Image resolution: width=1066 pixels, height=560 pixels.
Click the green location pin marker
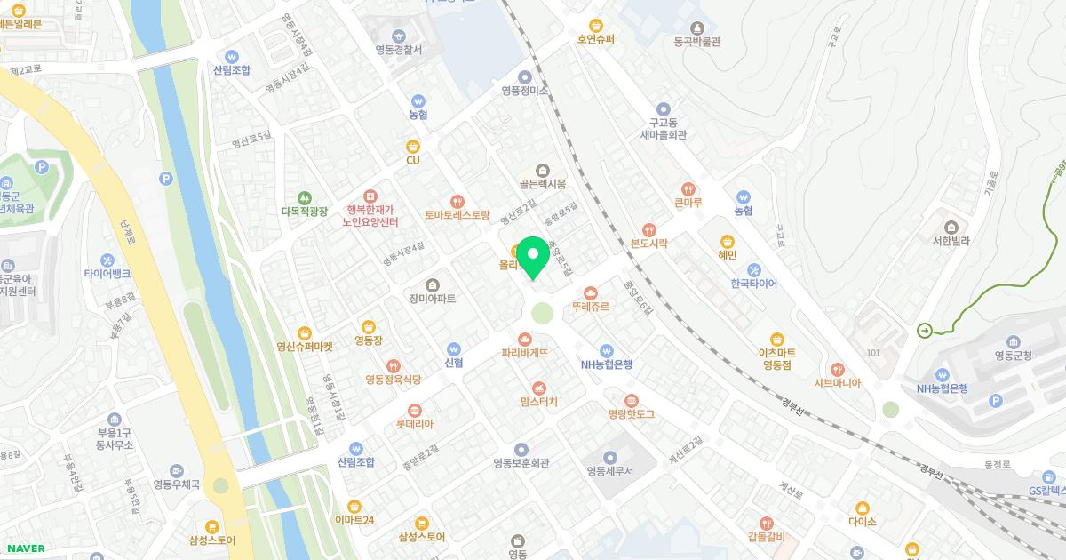(x=533, y=258)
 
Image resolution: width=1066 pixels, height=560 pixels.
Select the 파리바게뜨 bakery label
(x=524, y=353)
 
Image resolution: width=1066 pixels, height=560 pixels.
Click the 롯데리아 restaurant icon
(x=414, y=410)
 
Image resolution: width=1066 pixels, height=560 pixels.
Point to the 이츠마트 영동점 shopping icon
(x=776, y=338)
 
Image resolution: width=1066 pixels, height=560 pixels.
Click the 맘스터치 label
(x=538, y=402)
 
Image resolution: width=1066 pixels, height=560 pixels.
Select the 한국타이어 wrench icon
(x=753, y=269)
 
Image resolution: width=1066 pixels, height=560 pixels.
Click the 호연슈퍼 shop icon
(x=596, y=25)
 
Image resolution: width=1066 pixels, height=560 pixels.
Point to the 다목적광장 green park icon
(x=305, y=197)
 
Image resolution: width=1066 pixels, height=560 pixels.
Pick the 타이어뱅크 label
(x=107, y=274)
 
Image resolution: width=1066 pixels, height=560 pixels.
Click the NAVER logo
(x=25, y=548)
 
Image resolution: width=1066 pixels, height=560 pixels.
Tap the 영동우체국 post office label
(x=176, y=484)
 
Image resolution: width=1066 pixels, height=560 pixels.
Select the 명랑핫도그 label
(x=631, y=414)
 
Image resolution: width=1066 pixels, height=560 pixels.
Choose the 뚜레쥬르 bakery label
(x=591, y=306)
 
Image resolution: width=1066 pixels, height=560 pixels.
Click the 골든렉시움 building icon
(x=543, y=169)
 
